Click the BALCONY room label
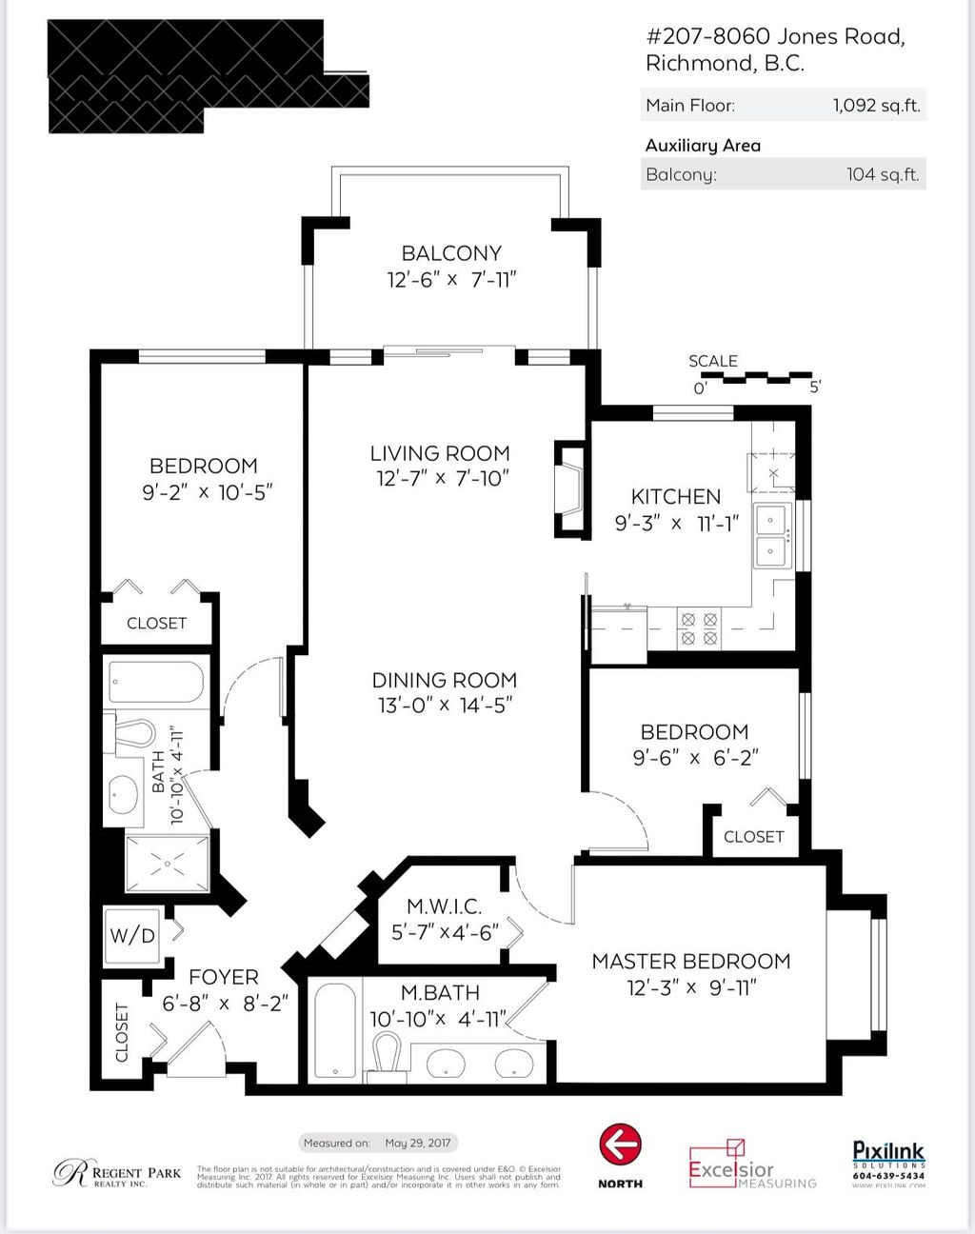pyautogui.click(x=451, y=253)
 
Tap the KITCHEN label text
pyautogui.click(x=676, y=496)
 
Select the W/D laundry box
pyautogui.click(x=132, y=935)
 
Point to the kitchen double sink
pyautogui.click(x=771, y=535)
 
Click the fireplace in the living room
pyautogui.click(x=570, y=490)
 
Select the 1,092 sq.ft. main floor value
pyautogui.click(x=876, y=106)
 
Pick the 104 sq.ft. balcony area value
pyautogui.click(x=883, y=174)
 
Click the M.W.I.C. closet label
pyautogui.click(x=445, y=906)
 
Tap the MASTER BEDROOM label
pyautogui.click(x=691, y=962)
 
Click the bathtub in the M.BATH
pyautogui.click(x=335, y=1031)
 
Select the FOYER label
pyautogui.click(x=224, y=977)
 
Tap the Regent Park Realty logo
pyautogui.click(x=116, y=1174)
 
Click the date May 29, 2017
pyautogui.click(x=418, y=1143)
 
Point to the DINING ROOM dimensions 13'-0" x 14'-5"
pyautogui.click(x=445, y=706)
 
